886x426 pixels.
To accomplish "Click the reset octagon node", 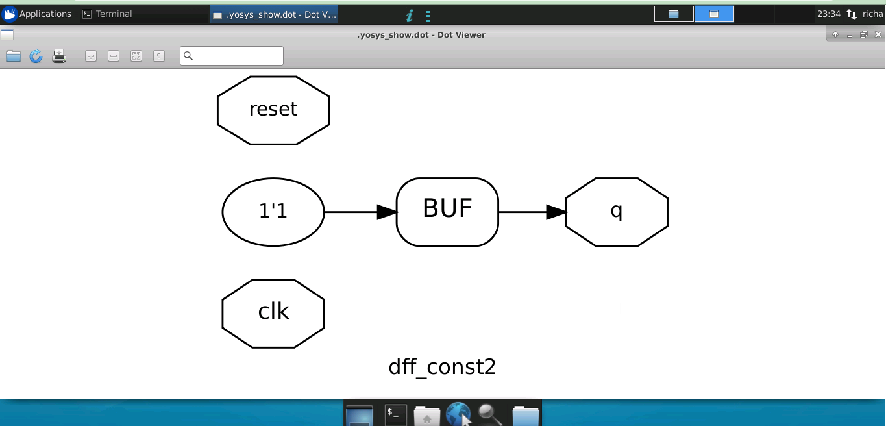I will coord(273,110).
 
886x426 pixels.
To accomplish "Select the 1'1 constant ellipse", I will coord(273,212).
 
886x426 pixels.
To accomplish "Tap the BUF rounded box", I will coord(447,212).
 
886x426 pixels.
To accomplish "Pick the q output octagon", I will coord(617,212).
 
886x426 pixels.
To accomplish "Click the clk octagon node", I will coord(273,313).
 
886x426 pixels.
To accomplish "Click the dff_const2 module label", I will coord(442,367).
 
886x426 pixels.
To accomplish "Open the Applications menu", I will coord(37,14).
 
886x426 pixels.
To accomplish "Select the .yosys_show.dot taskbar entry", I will coord(274,14).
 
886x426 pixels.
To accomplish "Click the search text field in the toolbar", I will coord(232,56).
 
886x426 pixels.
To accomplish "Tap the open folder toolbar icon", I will coord(14,56).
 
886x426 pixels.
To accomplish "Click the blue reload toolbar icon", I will coord(36,56).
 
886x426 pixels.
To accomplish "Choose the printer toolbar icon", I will coord(59,56).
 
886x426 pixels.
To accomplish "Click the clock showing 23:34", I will coord(828,14).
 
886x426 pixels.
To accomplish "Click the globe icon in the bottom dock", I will coord(458,414).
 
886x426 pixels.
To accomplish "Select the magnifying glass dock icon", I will coord(490,414).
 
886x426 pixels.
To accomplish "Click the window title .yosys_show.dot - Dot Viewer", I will coord(421,34).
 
